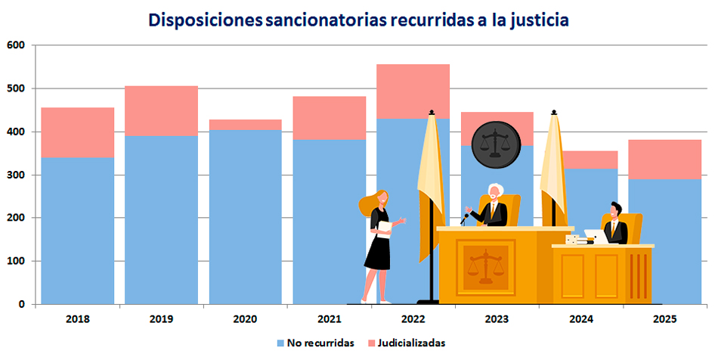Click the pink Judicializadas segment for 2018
[77, 132]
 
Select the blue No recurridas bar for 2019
[161, 219]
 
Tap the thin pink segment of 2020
[245, 124]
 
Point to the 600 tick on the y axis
[17, 45]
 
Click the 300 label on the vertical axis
[17, 175]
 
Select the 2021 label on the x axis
[329, 319]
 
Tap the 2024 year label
[580, 319]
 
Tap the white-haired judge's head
[495, 191]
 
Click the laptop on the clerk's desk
[595, 237]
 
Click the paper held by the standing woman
[385, 228]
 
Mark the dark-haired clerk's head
[616, 209]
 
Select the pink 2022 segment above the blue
[412, 91]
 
